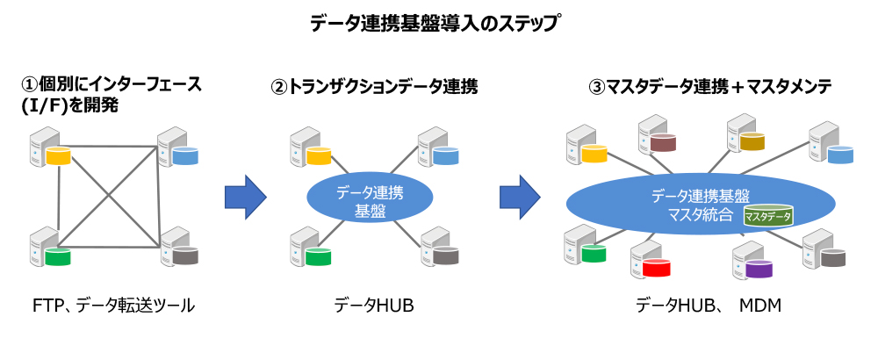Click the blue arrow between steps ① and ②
coord(245,197)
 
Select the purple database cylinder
coord(759,269)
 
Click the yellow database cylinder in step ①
coord(58,159)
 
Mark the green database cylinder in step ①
coord(58,258)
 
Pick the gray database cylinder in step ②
coord(445,257)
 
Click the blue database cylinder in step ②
coord(445,156)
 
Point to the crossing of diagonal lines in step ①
coord(107,195)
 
